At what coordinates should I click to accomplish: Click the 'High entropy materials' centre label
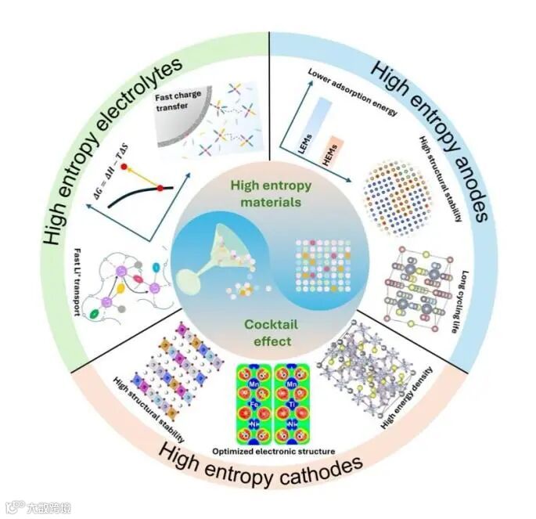(267, 191)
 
